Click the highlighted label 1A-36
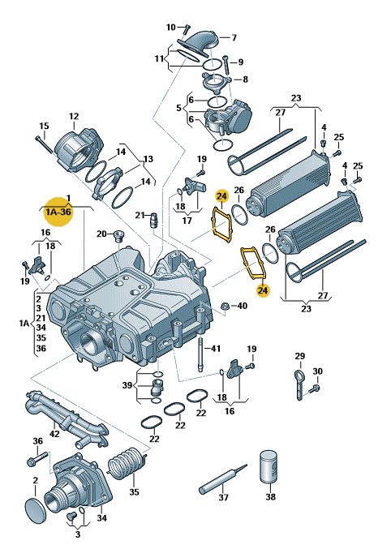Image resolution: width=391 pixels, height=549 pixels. pos(58,212)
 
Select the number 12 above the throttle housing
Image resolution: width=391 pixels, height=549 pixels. pos(74,116)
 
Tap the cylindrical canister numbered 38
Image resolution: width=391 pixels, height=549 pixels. pos(269,467)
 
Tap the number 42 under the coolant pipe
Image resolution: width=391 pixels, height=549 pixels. pos(54,434)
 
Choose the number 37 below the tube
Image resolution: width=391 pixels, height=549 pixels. pos(223,497)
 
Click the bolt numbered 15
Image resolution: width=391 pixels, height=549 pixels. pos(44,144)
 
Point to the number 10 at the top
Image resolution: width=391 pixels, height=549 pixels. pos(170,27)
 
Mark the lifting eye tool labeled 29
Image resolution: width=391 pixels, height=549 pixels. pos(299,385)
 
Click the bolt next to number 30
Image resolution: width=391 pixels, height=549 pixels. pos(315,388)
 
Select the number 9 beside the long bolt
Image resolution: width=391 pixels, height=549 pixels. pos(240,62)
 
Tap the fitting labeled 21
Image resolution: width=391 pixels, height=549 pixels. pos(153,220)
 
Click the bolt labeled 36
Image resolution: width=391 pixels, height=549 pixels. pos(37,459)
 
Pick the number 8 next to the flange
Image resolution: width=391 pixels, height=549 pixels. pos(245,79)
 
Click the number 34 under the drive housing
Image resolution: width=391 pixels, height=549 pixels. pos(101,517)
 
